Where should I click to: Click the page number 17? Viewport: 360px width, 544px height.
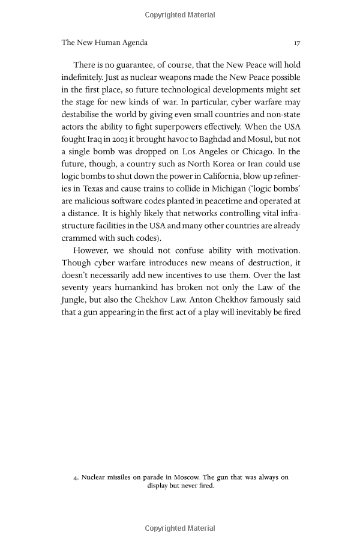296,43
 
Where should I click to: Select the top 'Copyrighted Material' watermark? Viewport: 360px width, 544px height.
180,15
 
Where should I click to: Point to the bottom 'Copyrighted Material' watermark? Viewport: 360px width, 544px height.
180,528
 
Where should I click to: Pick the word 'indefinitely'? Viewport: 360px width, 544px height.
83,77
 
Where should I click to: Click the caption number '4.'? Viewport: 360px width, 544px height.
76,477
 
